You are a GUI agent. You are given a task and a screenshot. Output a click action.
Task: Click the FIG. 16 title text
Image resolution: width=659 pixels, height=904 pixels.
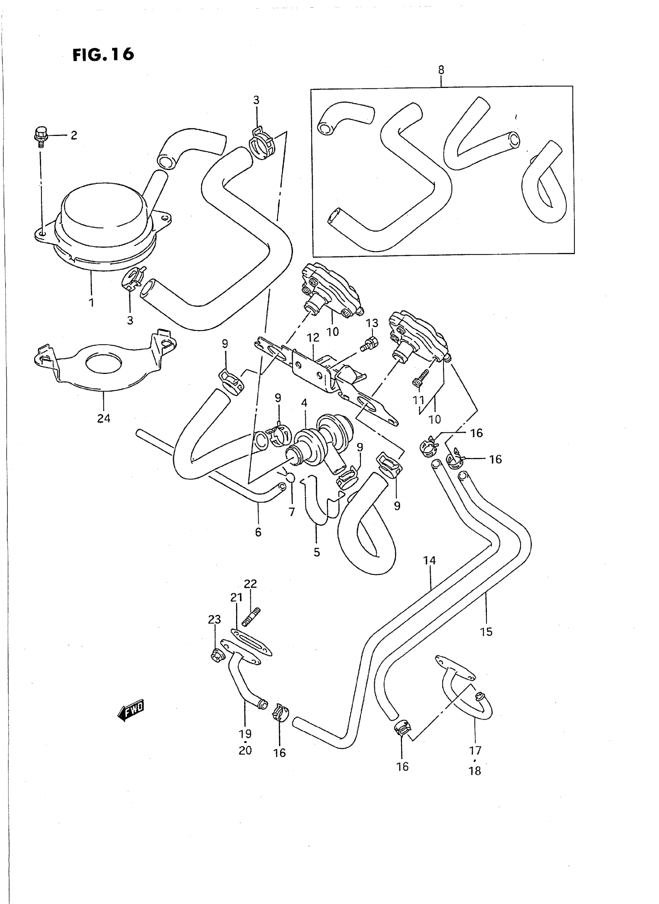click(x=103, y=55)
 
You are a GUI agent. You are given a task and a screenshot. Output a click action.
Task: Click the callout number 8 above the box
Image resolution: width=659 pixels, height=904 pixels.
click(x=441, y=70)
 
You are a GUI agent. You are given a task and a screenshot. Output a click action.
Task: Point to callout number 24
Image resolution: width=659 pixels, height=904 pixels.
click(x=104, y=418)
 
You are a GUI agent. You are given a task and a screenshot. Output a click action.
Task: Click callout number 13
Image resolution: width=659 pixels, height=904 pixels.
click(x=372, y=323)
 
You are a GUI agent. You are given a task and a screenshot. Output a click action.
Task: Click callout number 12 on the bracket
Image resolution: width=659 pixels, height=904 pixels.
click(x=313, y=338)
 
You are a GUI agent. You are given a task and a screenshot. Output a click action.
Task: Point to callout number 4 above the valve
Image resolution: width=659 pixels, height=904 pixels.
click(x=304, y=403)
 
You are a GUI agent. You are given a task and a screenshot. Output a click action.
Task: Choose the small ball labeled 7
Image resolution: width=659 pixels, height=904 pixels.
click(x=291, y=478)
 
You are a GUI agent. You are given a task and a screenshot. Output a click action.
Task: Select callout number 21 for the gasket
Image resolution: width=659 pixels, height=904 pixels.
click(x=236, y=598)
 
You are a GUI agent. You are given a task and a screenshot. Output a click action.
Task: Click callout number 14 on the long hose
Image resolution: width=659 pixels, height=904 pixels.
click(x=430, y=560)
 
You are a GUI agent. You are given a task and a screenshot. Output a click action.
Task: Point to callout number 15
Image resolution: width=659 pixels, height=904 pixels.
click(x=486, y=632)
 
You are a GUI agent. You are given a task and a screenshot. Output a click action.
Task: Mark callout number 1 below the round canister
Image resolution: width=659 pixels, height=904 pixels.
click(x=91, y=303)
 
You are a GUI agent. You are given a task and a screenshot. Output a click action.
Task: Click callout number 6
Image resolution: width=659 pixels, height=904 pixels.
click(x=258, y=532)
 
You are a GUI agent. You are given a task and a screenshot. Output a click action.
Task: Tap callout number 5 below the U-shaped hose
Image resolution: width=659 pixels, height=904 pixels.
click(x=317, y=552)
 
